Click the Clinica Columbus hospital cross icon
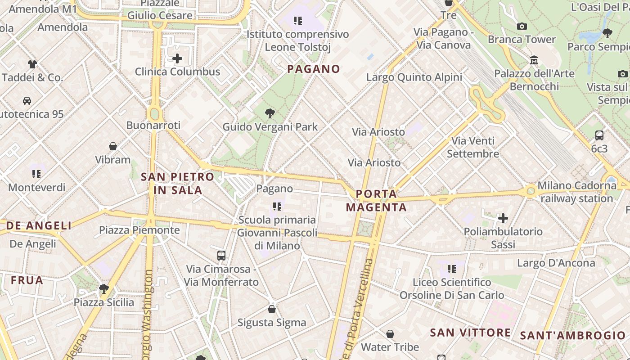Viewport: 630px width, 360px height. [177, 58]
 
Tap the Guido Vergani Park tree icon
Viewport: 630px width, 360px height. [270, 113]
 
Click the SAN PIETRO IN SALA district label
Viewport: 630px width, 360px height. [178, 183]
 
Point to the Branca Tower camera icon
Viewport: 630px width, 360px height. [522, 26]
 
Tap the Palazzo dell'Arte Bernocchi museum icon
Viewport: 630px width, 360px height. [534, 60]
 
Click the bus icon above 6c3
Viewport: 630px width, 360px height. [599, 135]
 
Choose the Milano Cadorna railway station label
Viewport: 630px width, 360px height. [576, 192]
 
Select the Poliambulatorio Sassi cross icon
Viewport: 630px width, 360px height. [503, 218]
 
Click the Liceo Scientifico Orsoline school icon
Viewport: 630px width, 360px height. [452, 269]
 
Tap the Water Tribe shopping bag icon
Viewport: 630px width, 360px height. [390, 334]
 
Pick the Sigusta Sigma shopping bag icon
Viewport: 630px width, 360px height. [272, 309]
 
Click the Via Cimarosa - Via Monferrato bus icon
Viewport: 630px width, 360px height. [221, 256]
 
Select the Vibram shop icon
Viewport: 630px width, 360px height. [113, 146]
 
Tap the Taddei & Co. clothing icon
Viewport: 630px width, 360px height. [32, 64]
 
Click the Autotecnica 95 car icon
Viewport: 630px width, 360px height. [27, 100]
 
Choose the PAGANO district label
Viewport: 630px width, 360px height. [314, 69]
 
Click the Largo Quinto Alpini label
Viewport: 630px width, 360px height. [414, 77]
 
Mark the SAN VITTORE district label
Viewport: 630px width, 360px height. [470, 333]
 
